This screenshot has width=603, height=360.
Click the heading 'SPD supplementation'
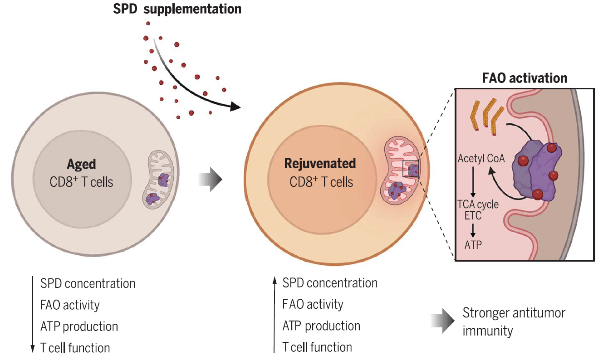(x=177, y=9)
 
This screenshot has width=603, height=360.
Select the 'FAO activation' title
(x=524, y=78)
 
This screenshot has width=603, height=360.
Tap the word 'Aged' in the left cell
(x=82, y=164)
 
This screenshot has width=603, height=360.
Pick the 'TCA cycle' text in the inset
(x=478, y=204)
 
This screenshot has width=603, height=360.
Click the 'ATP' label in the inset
(x=473, y=245)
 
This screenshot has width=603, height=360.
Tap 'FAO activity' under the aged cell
(x=69, y=305)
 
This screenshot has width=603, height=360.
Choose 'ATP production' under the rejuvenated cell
(x=321, y=326)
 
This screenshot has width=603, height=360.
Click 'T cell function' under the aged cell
(x=75, y=348)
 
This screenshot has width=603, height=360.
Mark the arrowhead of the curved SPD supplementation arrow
(x=235, y=107)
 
